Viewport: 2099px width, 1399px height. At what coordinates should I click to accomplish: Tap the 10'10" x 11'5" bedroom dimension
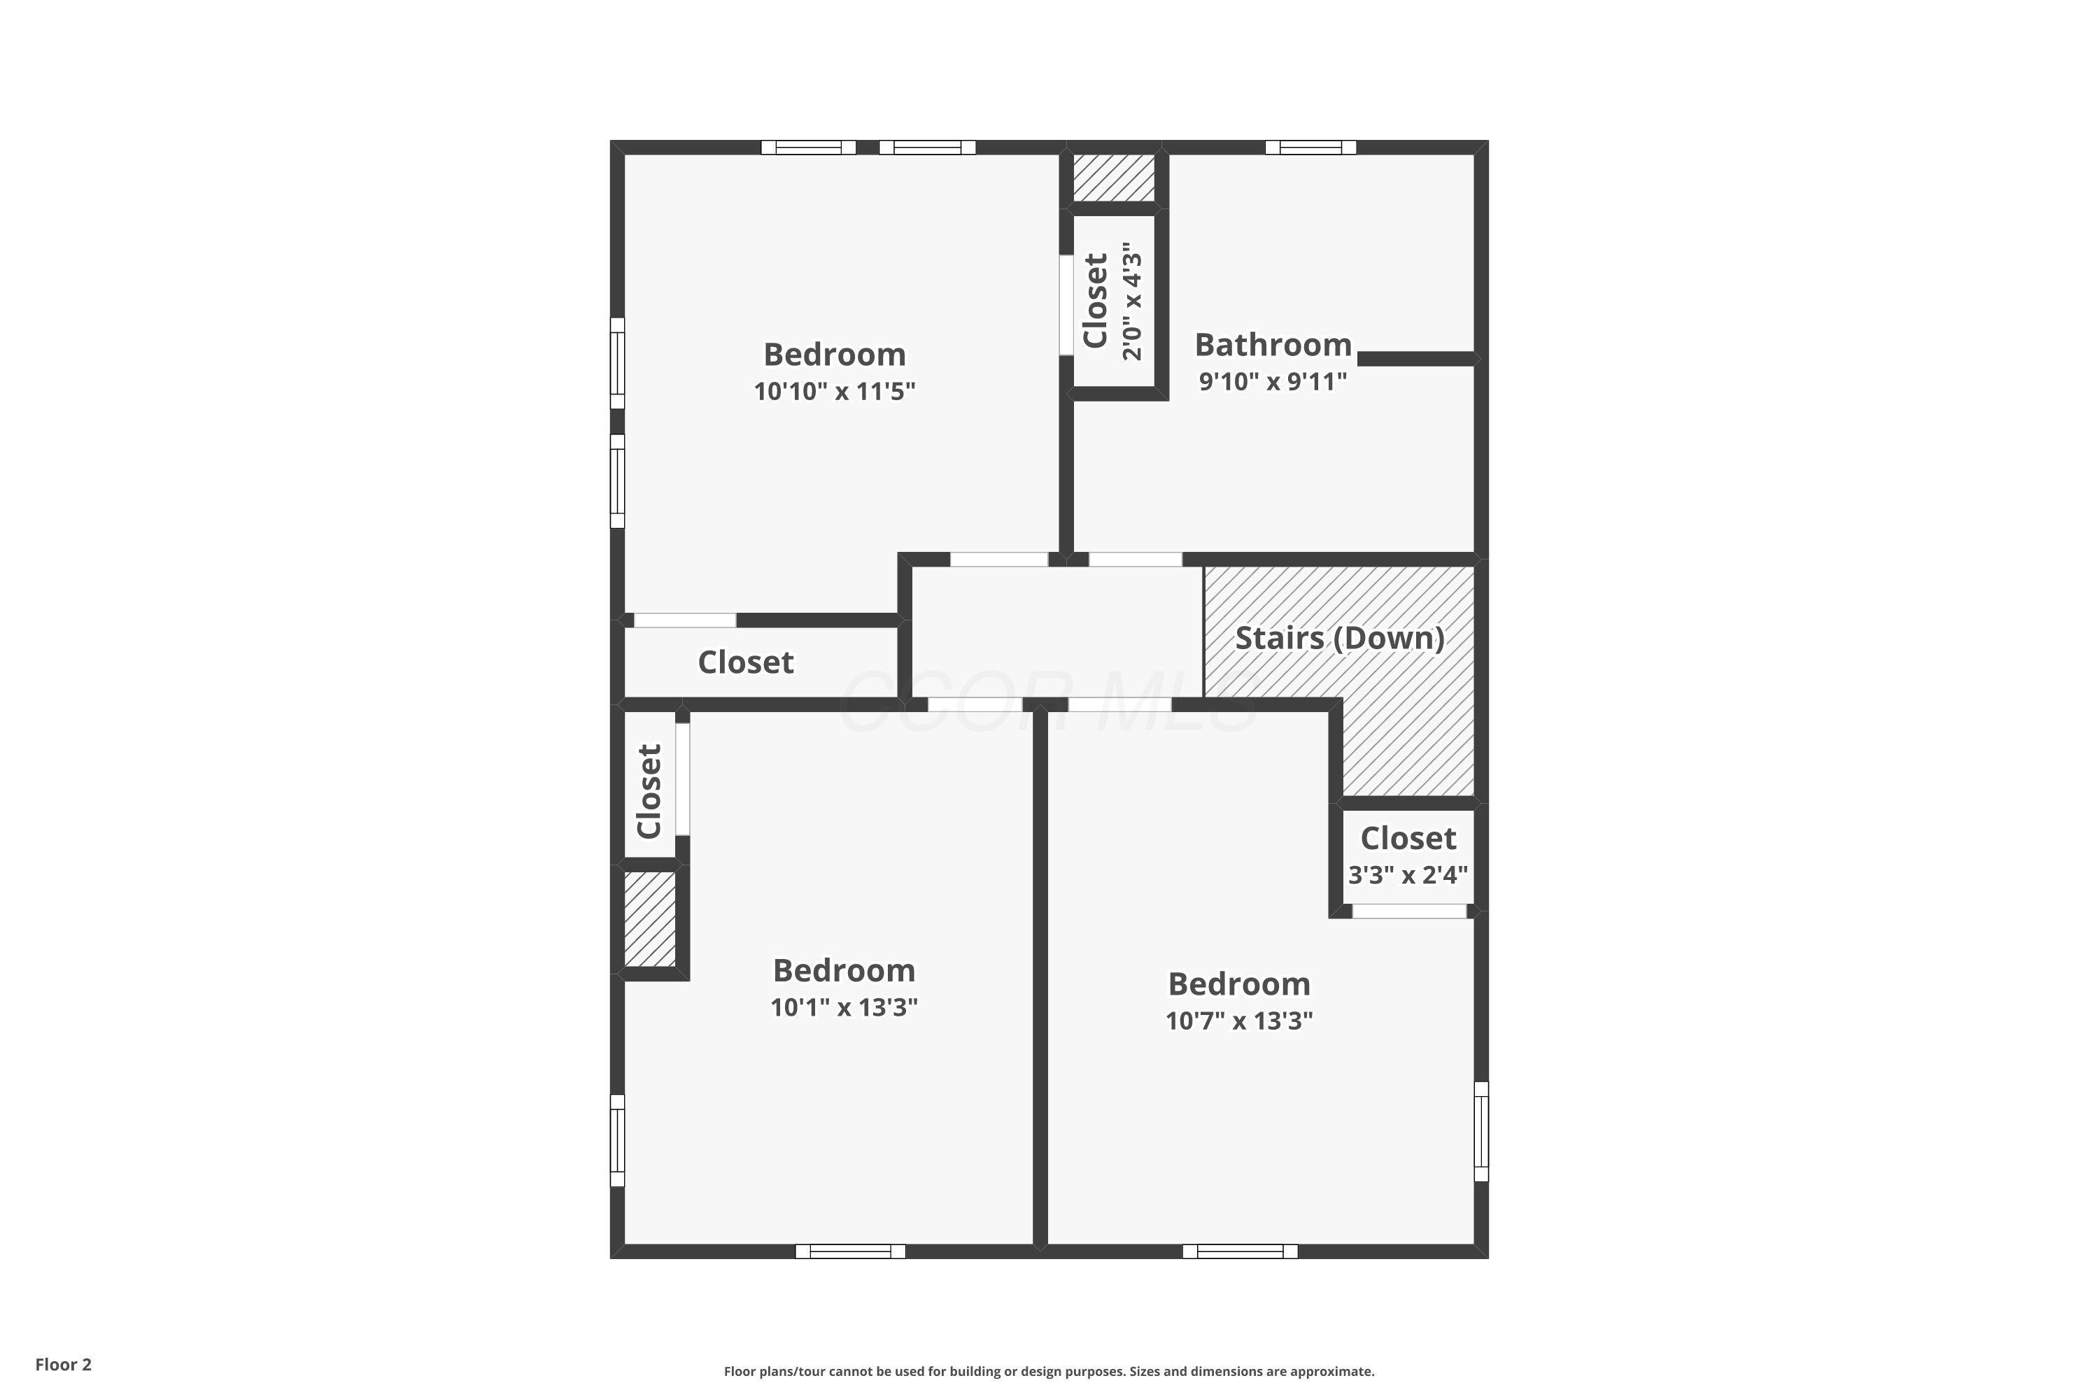coord(835,391)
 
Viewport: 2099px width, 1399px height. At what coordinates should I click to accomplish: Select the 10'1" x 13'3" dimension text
coord(844,1007)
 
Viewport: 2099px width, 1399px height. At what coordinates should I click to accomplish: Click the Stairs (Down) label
coord(1340,638)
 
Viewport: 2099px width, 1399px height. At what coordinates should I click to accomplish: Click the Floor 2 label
coord(64,1364)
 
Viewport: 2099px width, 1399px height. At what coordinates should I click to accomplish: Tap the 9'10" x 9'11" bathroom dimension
coord(1273,382)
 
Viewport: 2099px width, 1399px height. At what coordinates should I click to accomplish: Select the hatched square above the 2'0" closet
coord(1114,178)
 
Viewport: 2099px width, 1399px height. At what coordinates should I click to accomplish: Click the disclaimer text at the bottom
coord(1049,1371)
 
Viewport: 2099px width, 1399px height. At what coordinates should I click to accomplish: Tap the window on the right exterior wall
coord(1480,1131)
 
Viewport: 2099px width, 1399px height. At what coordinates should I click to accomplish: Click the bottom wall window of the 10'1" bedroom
coord(851,1251)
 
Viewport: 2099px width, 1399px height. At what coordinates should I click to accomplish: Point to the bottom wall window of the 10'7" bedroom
coord(1240,1251)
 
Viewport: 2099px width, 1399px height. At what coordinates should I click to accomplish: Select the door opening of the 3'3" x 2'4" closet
coord(1409,911)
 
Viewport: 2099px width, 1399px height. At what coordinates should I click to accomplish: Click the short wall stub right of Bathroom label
coord(1415,359)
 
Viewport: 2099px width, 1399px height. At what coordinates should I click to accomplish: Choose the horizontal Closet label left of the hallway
coord(745,662)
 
